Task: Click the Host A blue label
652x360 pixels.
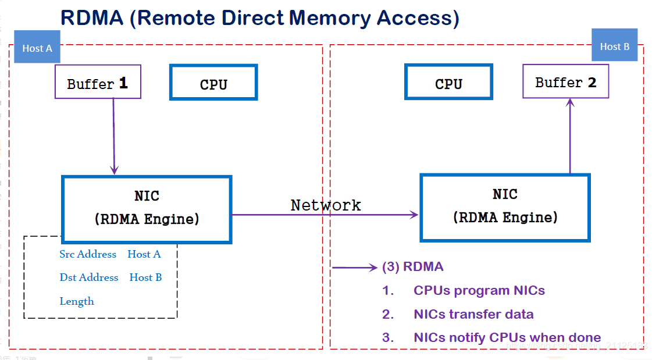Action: (x=37, y=48)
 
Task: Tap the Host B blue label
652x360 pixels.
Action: (x=614, y=46)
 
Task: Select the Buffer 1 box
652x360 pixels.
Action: (x=98, y=83)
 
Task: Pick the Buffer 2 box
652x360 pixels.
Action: (x=565, y=82)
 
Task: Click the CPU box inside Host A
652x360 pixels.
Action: (x=213, y=83)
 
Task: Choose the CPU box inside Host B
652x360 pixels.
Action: (x=448, y=83)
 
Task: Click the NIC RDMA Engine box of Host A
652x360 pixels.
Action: (x=147, y=208)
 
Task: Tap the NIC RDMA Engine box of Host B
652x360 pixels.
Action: (x=505, y=207)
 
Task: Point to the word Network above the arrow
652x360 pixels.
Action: (x=326, y=205)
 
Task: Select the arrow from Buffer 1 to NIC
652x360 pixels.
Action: (x=114, y=137)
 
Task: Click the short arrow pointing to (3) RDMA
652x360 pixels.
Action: (x=355, y=268)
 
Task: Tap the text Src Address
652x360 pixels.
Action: (x=88, y=254)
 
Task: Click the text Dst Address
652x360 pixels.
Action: (x=89, y=277)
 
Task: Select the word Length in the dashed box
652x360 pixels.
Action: (x=77, y=301)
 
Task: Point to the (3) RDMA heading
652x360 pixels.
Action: (x=412, y=267)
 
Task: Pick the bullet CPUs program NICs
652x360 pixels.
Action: (x=479, y=290)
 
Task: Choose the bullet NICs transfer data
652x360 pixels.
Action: (x=473, y=314)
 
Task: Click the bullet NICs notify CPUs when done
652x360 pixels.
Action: (x=507, y=337)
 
